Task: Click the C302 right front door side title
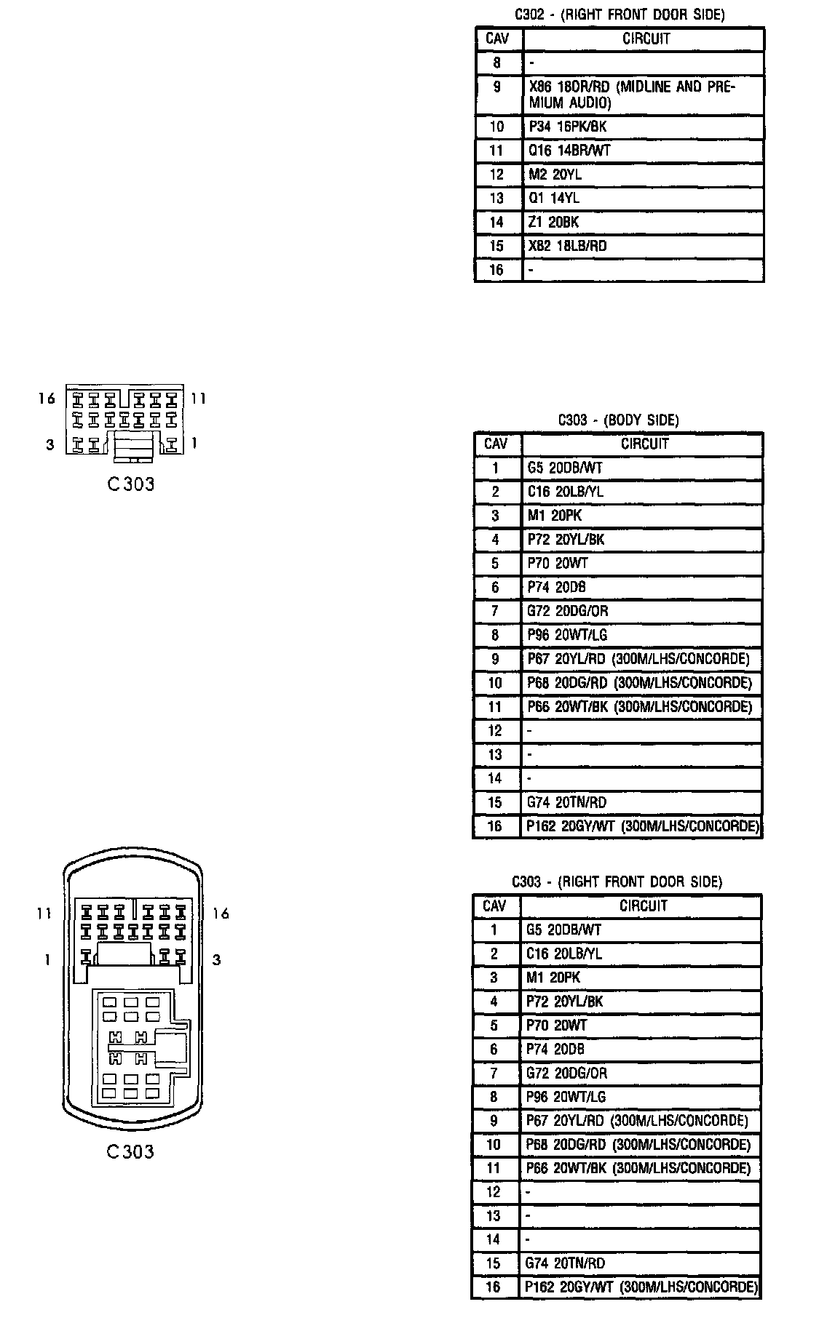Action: click(x=619, y=15)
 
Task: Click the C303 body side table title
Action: click(x=618, y=420)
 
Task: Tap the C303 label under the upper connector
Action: click(x=131, y=484)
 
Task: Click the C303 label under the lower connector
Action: click(x=130, y=1151)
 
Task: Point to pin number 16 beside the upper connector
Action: click(x=47, y=399)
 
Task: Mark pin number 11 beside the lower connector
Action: click(x=44, y=913)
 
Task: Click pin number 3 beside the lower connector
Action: click(x=216, y=960)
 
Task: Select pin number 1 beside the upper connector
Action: click(x=194, y=443)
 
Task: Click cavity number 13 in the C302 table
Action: click(x=496, y=198)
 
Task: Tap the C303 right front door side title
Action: click(x=617, y=882)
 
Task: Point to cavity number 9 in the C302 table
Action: click(x=496, y=87)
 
